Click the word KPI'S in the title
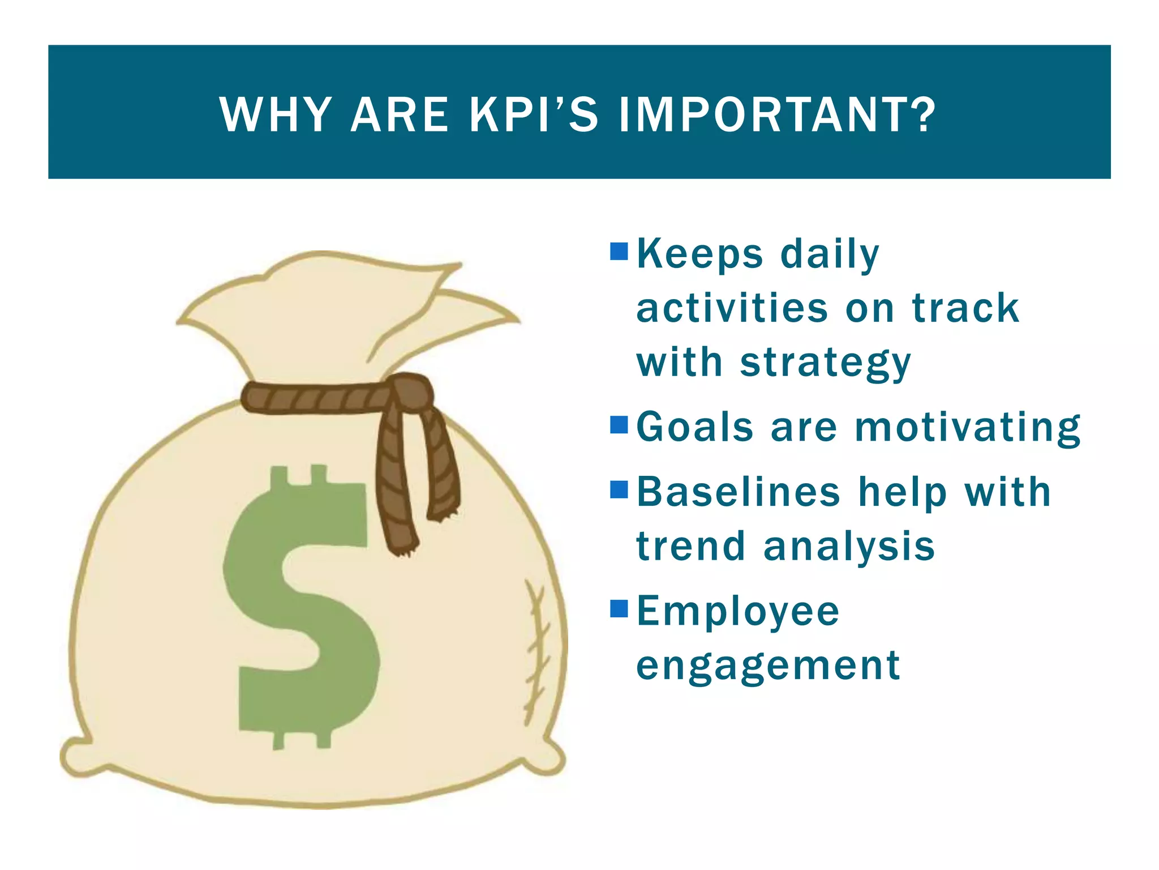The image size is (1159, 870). coord(533,115)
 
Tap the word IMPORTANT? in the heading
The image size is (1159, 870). coord(777,115)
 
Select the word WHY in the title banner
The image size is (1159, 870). coord(276,115)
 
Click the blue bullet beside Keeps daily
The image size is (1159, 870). coord(619,251)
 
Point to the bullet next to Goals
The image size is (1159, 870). coord(619,424)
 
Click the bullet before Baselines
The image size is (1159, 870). coord(619,489)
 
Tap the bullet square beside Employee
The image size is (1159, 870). coord(619,609)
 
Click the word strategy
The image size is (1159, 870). coord(825,362)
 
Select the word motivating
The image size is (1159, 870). coord(968,428)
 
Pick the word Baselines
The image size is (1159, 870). coord(738,492)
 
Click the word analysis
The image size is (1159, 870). coord(849,547)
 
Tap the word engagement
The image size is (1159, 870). coord(768,666)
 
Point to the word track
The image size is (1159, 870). coord(965,309)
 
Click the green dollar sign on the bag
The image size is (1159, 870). coord(300,606)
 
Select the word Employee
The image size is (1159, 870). coord(738,612)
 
